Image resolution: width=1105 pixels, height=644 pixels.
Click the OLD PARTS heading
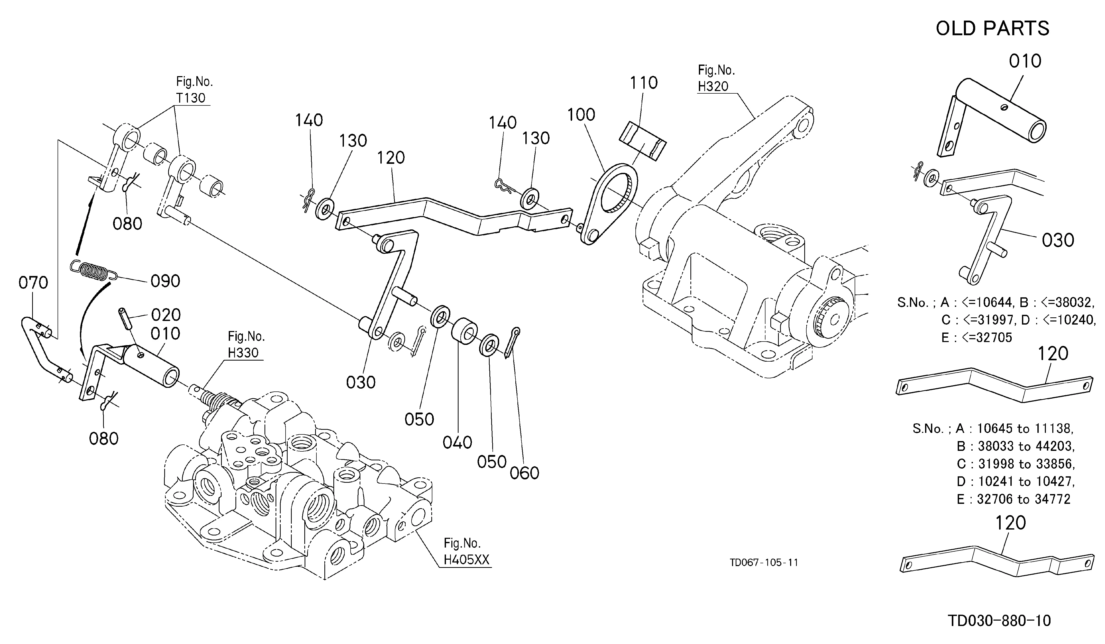pos(992,29)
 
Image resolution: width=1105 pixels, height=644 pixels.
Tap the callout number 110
pos(644,83)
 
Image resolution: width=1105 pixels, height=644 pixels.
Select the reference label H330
pos(243,352)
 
